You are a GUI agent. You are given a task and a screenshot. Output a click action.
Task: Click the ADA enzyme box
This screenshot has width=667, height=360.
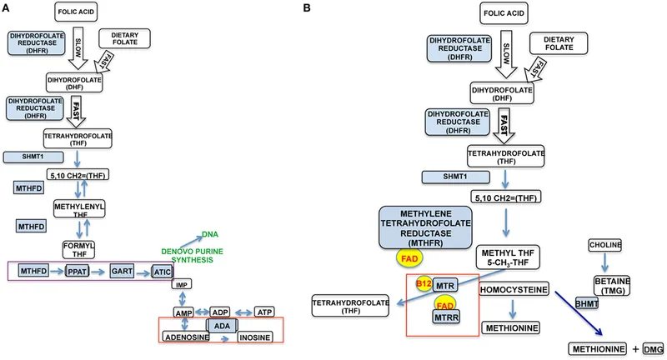[218, 325]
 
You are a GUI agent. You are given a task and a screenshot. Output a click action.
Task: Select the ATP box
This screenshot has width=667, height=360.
[263, 311]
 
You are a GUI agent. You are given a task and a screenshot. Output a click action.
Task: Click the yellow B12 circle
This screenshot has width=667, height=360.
[423, 284]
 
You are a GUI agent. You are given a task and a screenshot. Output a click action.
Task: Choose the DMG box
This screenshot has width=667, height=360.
[653, 347]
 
